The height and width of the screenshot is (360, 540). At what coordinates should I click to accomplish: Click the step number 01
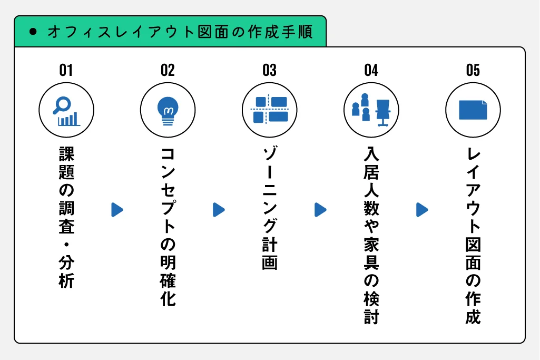coord(66,70)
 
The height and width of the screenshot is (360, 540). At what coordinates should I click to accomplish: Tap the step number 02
coord(168,70)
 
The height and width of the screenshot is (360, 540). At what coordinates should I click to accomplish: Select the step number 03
coord(269,70)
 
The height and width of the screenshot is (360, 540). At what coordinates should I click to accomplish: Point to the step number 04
coord(371,70)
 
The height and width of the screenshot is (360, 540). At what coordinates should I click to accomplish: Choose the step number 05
coord(473,70)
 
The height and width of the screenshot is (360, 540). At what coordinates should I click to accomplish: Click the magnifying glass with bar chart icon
coord(66,111)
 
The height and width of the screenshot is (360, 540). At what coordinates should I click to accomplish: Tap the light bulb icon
coord(168,111)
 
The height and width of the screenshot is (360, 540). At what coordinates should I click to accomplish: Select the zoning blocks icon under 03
coord(269,110)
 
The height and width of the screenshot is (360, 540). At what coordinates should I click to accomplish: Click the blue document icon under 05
coord(473,110)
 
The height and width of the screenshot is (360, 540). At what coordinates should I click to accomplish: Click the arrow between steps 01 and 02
coord(117,210)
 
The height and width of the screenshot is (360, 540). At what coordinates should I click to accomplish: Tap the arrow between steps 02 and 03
coord(219,210)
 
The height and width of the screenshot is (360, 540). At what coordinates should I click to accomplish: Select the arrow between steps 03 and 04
coord(320,210)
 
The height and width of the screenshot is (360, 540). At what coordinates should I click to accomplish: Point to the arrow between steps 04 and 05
coord(422,210)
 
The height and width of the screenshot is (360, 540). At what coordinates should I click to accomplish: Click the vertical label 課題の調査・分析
coord(66,217)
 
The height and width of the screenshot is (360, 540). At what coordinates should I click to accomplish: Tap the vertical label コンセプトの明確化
coord(168,227)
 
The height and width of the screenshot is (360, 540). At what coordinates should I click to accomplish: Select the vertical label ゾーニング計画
coord(269,208)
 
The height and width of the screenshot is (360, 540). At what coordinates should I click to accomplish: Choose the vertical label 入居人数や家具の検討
coord(371,235)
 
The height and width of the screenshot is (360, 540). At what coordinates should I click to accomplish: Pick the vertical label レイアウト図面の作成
coord(473,235)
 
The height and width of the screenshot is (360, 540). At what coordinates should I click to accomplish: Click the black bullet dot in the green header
coord(33,32)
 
